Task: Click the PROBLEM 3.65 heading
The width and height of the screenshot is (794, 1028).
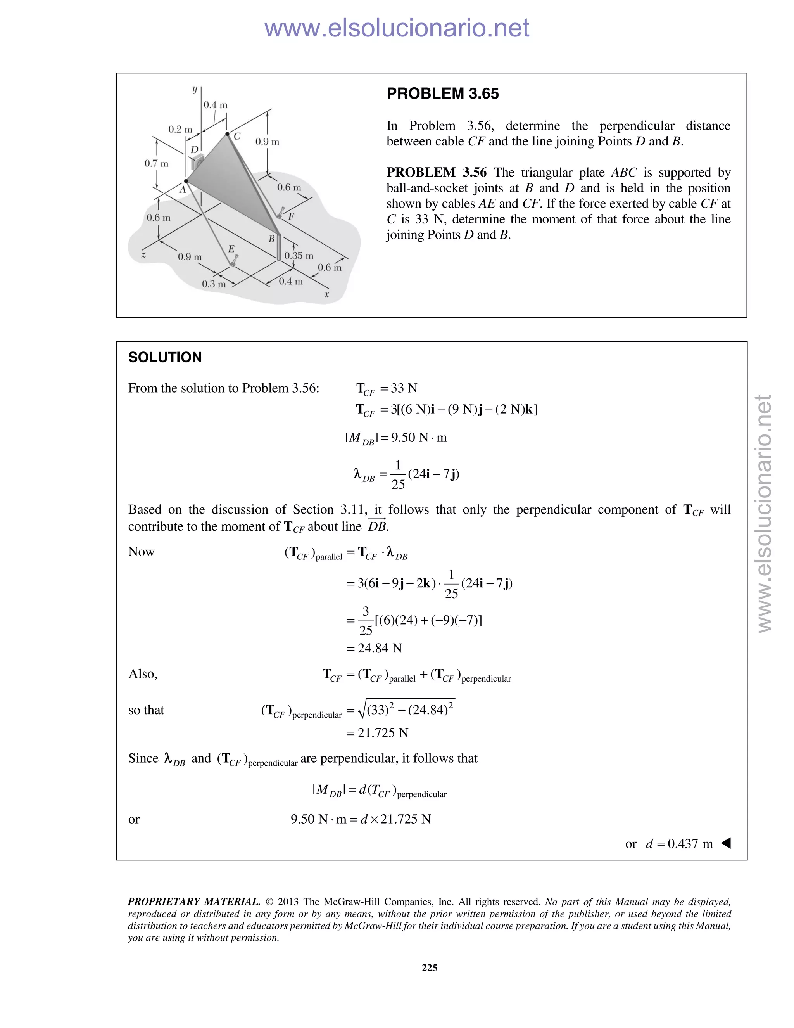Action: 442,93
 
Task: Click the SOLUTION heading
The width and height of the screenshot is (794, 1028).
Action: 165,357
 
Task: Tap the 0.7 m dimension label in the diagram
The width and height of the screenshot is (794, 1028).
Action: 156,164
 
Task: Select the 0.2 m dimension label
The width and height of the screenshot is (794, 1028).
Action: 180,129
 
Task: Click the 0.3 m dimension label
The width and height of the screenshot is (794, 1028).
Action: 214,284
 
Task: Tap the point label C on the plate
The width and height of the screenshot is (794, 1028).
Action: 237,137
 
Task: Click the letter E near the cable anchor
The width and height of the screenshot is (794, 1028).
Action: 231,249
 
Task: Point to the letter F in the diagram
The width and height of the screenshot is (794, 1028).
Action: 291,216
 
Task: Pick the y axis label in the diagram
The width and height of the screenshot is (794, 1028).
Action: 195,89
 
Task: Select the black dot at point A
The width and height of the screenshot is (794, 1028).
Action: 186,181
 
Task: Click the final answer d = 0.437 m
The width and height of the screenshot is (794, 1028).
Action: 679,843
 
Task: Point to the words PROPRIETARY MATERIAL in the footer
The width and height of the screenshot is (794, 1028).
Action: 194,902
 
